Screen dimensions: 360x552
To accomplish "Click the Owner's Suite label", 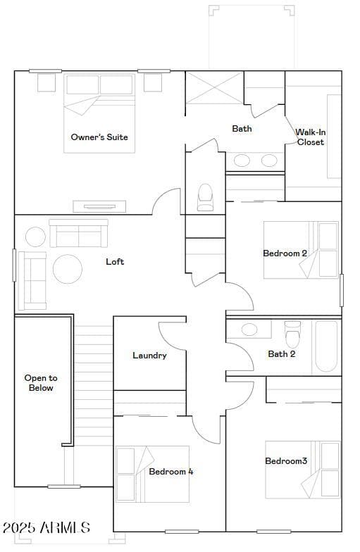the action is click(99, 137).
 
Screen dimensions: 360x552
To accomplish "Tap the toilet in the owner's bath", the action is click(205, 197).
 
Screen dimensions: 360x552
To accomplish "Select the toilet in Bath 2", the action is click(292, 334).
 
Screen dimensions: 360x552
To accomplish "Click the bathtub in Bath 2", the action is click(327, 346).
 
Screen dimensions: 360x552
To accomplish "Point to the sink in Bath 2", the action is click(249, 330).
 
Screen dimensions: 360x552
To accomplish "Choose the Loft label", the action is click(115, 262).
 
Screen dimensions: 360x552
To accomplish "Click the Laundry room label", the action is click(149, 356).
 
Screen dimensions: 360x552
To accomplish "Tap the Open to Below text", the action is click(41, 383).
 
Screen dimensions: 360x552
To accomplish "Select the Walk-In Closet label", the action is click(310, 137).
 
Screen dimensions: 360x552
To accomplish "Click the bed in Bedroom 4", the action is click(152, 474).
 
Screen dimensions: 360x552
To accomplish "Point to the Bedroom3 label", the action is click(286, 460).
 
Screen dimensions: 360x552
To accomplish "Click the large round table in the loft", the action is click(68, 269).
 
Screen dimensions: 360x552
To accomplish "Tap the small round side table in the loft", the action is click(35, 237).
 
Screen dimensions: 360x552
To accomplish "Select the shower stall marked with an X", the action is click(214, 87).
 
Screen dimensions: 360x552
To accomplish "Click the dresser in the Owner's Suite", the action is click(99, 207).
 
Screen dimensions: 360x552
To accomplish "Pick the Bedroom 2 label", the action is click(285, 253).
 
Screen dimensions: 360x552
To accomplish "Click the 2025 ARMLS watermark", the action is click(46, 527).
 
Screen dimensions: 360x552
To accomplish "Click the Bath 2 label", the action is click(282, 354).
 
